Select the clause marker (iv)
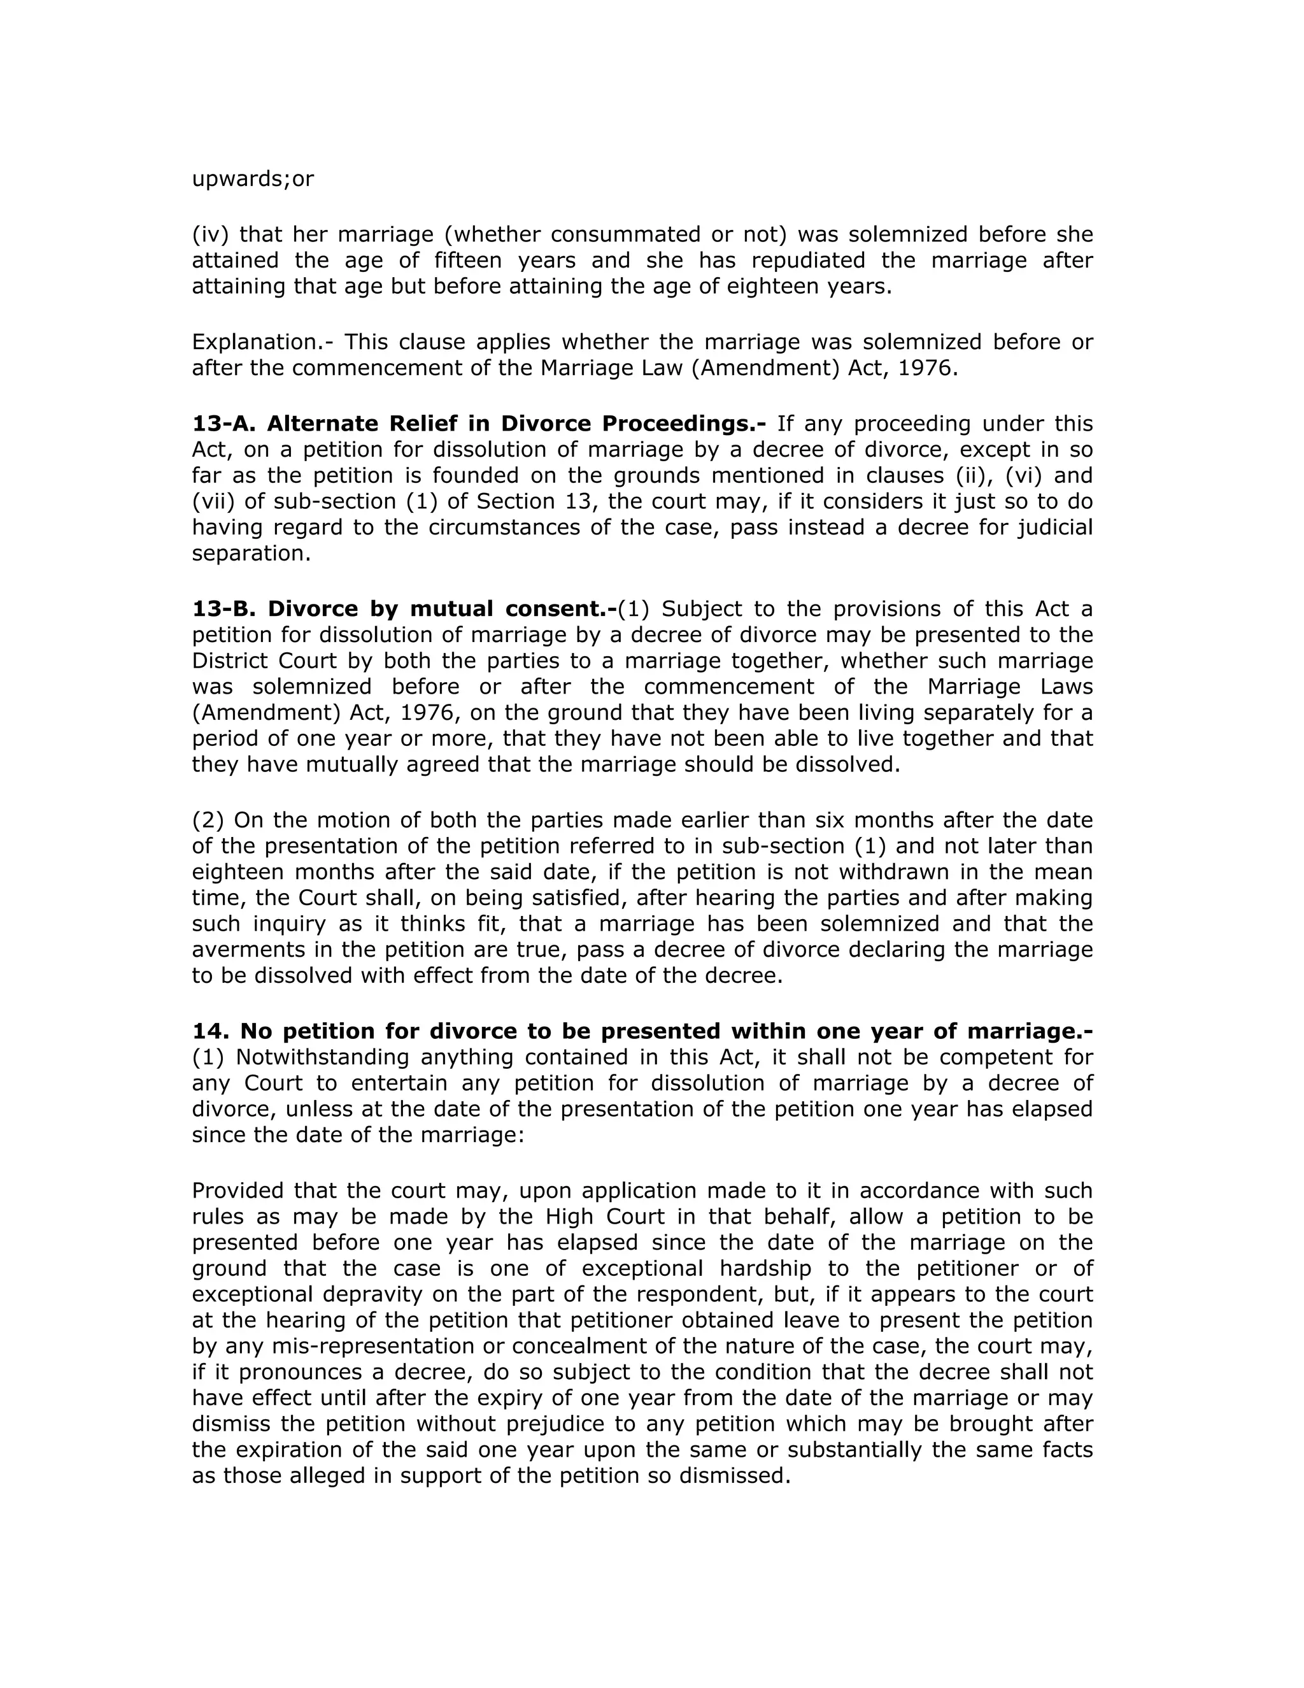(x=210, y=234)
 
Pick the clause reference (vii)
(x=213, y=501)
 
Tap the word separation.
(x=251, y=554)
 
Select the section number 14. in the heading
(x=209, y=1031)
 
